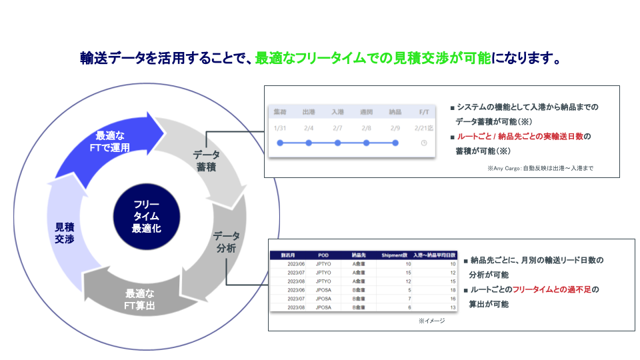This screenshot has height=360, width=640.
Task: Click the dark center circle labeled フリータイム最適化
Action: (x=146, y=216)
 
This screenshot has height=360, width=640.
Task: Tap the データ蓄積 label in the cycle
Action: (x=206, y=161)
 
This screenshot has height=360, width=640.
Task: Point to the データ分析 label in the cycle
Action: (x=226, y=243)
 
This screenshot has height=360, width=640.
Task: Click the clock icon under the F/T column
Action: (x=424, y=143)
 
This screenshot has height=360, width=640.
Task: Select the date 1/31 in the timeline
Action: (x=280, y=127)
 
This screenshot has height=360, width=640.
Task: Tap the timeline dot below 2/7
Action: (x=337, y=143)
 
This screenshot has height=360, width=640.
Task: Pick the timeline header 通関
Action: (x=366, y=113)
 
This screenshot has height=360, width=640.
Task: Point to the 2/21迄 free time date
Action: (x=424, y=127)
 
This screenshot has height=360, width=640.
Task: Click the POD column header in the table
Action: (x=323, y=255)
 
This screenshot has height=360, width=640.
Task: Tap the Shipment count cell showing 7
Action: (x=408, y=299)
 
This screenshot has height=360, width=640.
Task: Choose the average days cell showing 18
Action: (x=452, y=290)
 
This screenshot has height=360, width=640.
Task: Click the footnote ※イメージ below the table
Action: (x=431, y=321)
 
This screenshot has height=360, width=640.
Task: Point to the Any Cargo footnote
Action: (x=540, y=169)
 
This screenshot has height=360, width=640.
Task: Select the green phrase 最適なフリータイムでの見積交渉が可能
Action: (x=373, y=59)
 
